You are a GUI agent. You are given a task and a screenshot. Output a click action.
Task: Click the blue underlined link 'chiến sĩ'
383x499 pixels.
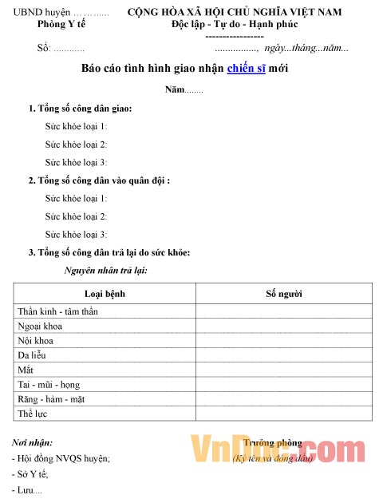pos(247,69)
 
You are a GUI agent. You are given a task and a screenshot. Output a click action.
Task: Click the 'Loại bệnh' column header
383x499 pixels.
pos(105,294)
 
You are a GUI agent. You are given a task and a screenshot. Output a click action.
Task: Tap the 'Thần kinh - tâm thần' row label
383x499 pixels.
pos(57,311)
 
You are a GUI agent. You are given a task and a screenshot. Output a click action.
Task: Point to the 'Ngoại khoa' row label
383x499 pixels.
pos(40,326)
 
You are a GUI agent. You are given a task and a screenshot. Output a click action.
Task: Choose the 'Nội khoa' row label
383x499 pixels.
pos(36,341)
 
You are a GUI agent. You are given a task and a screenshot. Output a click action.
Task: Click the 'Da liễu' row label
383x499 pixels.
pos(34,355)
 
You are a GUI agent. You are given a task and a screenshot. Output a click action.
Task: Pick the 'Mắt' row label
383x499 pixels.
pos(26,370)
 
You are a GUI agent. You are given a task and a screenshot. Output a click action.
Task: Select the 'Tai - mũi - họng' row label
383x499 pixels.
pos(48,384)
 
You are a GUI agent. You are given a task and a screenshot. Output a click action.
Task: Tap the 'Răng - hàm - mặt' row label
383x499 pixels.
pos(50,398)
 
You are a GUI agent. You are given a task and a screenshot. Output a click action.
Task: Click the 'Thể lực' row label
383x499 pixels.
pos(33,414)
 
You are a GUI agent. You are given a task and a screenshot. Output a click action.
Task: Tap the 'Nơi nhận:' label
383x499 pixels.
pos(33,442)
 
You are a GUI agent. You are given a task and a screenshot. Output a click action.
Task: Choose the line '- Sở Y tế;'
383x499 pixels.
pos(30,474)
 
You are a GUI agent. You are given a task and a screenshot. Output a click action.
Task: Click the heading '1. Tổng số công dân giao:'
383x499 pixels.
pos(80,108)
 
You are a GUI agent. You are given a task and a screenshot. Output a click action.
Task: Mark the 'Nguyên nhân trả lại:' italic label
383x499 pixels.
pos(105,271)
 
